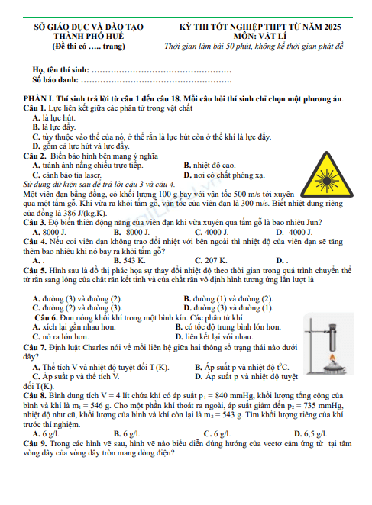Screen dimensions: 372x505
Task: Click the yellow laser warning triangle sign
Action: [x=326, y=175]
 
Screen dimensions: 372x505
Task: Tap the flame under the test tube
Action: [x=332, y=358]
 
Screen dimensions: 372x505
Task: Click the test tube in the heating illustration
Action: [x=332, y=337]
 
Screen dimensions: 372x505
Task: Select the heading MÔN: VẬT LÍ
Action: [x=260, y=36]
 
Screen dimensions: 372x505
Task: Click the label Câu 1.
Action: [x=35, y=108]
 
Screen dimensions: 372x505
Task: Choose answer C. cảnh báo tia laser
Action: [x=66, y=175]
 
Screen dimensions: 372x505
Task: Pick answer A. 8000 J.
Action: [x=50, y=232]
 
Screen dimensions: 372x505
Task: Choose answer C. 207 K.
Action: [x=211, y=261]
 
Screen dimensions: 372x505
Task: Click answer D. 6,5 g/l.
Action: [x=310, y=434]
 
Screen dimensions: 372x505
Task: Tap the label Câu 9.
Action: [x=35, y=443]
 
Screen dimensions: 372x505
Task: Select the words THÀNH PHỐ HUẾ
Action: [x=89, y=36]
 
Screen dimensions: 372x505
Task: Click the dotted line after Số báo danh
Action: [x=156, y=81]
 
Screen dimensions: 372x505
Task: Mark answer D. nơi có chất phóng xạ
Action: [x=225, y=175]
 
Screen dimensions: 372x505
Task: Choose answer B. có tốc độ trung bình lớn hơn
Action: [x=228, y=327]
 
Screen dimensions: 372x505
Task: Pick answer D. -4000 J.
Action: [x=294, y=232]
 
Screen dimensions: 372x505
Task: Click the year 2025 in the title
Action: [x=332, y=27]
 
